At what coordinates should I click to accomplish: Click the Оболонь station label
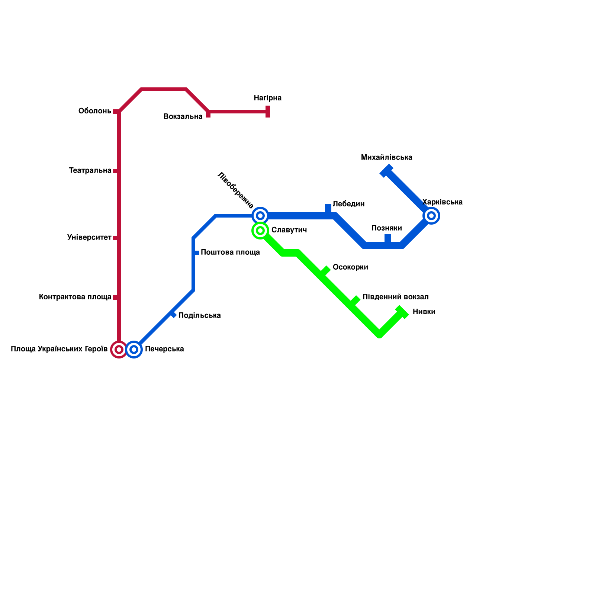click(95, 111)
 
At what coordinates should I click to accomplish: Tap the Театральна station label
click(90, 171)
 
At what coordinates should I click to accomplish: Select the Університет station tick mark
click(116, 238)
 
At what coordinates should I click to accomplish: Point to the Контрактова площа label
click(75, 297)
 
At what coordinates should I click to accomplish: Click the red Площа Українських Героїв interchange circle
click(119, 350)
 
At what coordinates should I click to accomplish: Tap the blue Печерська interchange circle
click(134, 350)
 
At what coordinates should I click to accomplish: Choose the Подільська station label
click(199, 316)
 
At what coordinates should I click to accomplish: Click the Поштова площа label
click(230, 253)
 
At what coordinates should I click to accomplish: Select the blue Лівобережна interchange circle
click(260, 216)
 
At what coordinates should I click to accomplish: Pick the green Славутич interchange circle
click(260, 231)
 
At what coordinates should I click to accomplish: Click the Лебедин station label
click(348, 204)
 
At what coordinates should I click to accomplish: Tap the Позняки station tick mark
click(387, 239)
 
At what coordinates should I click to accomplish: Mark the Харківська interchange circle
click(431, 216)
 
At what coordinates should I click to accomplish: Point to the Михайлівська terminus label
click(386, 157)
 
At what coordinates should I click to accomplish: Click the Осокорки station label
click(350, 267)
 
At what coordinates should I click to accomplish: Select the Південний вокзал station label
click(395, 297)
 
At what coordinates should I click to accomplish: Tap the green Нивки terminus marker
click(402, 312)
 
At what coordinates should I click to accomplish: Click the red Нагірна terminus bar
click(268, 111)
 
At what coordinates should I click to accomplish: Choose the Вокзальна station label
click(183, 117)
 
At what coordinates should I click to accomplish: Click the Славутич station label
click(289, 230)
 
